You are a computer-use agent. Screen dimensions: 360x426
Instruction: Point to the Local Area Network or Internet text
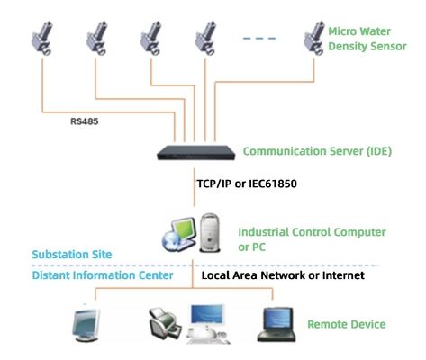pyautogui.click(x=283, y=275)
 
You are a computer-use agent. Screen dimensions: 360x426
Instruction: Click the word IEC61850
pyautogui.click(x=272, y=184)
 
